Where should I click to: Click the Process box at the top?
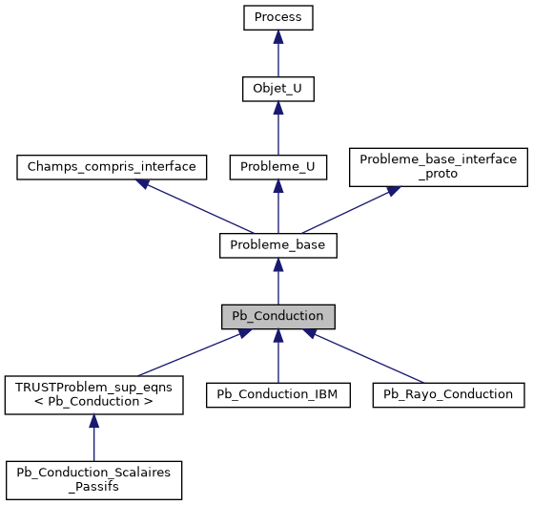click(277, 17)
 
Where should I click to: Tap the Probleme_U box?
click(277, 167)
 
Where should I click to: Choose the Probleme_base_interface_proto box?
click(439, 167)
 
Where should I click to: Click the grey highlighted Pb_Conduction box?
click(277, 316)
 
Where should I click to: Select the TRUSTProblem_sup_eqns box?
click(93, 394)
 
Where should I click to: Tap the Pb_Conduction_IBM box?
click(277, 393)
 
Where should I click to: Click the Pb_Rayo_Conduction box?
click(448, 393)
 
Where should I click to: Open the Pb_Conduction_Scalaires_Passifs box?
click(93, 480)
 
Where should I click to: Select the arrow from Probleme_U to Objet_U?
click(277, 130)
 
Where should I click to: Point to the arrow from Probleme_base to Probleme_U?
click(277, 206)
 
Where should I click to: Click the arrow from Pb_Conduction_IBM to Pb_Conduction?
click(277, 355)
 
